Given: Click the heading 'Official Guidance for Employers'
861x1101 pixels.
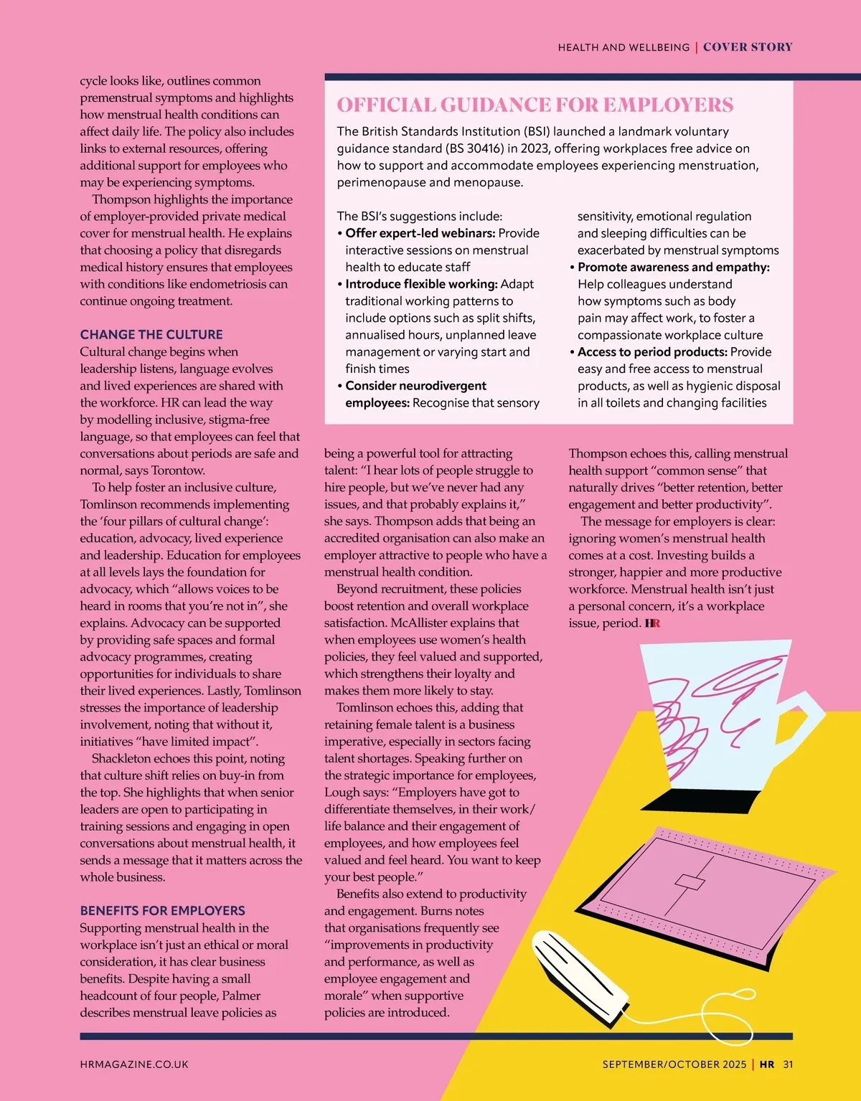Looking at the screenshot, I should pos(535,105).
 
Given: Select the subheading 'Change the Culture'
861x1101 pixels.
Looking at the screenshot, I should pos(151,334).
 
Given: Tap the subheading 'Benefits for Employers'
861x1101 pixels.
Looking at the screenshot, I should pos(162,910).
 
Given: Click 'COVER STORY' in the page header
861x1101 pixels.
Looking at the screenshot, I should pos(748,47).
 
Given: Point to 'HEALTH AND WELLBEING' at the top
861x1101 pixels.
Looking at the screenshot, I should pos(624,47).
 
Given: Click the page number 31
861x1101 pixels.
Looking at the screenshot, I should pos(788,1064).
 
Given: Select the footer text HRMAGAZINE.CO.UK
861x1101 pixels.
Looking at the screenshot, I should pos(134,1064).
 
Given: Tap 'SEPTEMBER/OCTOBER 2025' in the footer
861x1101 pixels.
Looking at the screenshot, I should pos(674,1064).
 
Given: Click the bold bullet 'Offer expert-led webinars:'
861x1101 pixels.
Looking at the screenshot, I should pos(420,233).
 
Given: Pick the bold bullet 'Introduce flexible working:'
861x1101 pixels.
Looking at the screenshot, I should pos(421,284).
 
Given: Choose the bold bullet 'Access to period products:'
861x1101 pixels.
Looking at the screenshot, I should pos(651,352).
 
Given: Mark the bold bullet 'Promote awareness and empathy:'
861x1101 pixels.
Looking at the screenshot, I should pos(673,268).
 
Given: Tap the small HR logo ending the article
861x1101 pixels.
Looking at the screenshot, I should pos(652,623).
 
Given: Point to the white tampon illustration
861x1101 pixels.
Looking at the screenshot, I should pos(581,975).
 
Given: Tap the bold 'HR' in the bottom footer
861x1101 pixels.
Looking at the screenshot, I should pos(767,1064).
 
